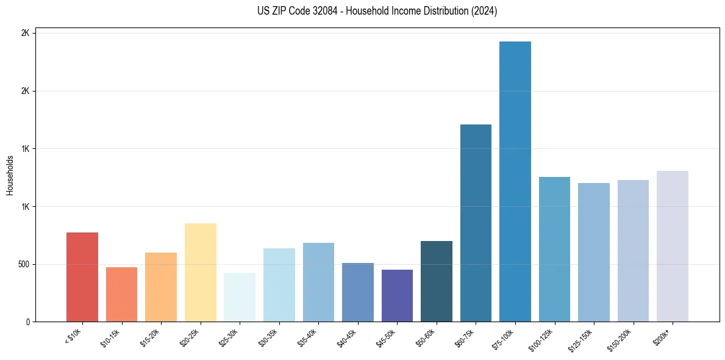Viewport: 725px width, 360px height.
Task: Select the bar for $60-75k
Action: point(476,223)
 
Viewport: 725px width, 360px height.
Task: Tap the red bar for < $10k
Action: point(82,277)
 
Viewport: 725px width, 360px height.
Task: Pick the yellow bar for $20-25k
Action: point(201,272)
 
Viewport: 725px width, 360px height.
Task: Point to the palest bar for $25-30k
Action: point(240,297)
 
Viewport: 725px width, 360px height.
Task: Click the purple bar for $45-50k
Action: point(397,295)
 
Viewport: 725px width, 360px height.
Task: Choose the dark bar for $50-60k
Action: point(437,281)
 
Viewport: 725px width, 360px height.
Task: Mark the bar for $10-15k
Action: point(121,294)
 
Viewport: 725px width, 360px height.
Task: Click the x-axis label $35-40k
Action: point(309,337)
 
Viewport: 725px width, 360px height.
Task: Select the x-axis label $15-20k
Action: point(152,337)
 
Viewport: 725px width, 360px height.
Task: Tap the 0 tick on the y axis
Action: point(27,322)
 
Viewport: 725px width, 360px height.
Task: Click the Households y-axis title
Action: point(10,175)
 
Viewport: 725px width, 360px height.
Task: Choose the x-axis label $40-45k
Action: point(348,337)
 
